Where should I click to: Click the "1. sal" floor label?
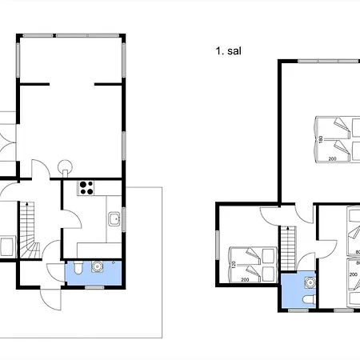(x=229, y=51)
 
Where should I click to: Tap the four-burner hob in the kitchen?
(x=86, y=188)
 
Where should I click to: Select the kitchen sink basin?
(x=114, y=219)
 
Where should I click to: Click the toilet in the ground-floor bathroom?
(x=78, y=268)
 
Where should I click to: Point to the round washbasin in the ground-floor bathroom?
(x=97, y=266)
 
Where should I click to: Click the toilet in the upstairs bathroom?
(x=310, y=299)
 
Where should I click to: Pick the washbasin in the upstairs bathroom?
(x=310, y=282)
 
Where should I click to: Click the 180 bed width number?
(x=321, y=139)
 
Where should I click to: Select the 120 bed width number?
(x=234, y=265)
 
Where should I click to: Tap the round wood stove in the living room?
(x=65, y=167)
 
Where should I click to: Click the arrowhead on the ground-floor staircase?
(x=26, y=204)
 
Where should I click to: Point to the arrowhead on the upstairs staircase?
(x=288, y=228)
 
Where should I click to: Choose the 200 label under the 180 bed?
(x=332, y=159)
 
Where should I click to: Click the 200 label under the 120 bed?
(x=245, y=280)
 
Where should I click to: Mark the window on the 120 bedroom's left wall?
(x=218, y=245)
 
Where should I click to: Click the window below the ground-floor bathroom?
(x=94, y=287)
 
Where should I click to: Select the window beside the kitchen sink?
(x=123, y=219)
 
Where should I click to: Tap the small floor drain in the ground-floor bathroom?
(x=114, y=262)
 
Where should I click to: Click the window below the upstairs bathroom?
(x=298, y=310)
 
